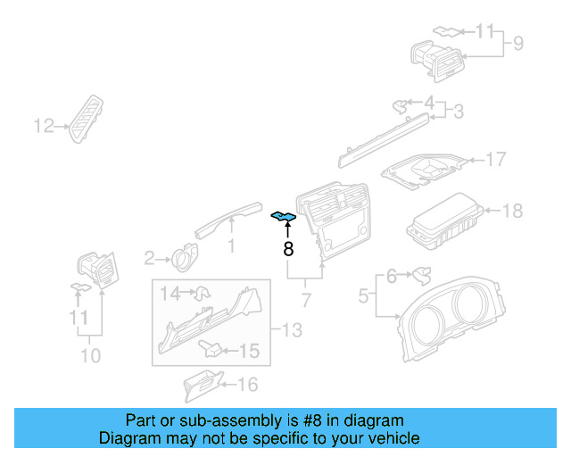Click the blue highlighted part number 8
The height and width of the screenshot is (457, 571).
pyautogui.click(x=284, y=217)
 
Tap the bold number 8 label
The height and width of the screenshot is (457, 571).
pyautogui.click(x=288, y=250)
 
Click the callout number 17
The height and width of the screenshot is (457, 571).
pyautogui.click(x=495, y=160)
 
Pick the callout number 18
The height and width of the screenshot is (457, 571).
pyautogui.click(x=512, y=211)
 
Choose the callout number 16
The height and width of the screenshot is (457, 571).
pyautogui.click(x=246, y=385)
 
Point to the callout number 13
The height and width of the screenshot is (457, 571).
pyautogui.click(x=292, y=331)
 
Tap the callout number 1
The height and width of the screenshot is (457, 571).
pyautogui.click(x=231, y=245)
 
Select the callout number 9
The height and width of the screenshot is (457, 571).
pyautogui.click(x=517, y=42)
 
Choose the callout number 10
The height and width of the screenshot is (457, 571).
pyautogui.click(x=90, y=355)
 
